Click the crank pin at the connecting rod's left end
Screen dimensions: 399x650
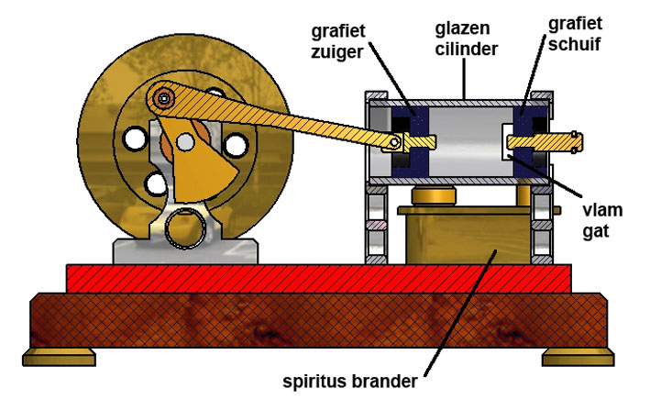[x=165, y=95]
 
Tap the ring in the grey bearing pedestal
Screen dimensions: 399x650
[x=187, y=225]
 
